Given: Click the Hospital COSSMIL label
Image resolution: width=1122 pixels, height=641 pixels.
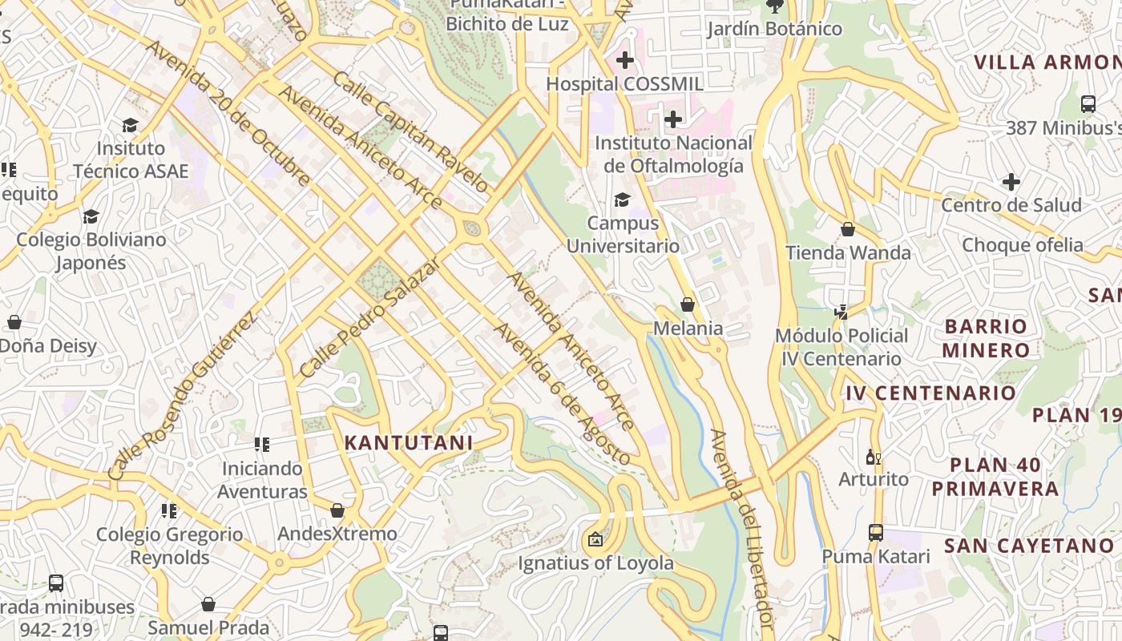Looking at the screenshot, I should (624, 84).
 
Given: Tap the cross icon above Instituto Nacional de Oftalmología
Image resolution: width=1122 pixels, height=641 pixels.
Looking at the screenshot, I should (673, 119).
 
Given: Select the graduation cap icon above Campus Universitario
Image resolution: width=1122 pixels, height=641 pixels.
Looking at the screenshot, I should (622, 200).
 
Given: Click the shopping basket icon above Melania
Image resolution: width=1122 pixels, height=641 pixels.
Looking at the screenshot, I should (687, 304).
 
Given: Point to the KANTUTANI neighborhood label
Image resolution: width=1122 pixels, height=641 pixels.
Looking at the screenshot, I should (408, 442).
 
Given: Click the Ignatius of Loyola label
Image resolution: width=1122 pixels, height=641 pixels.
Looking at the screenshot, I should (595, 563).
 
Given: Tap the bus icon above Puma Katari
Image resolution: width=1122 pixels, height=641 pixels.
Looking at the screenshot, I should (876, 533).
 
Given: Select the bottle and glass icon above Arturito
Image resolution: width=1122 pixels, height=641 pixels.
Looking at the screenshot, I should (873, 458).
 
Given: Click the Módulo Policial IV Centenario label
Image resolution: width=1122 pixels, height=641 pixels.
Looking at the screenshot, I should (841, 347).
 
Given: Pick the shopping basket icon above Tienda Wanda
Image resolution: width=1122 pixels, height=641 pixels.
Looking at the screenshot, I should (848, 230).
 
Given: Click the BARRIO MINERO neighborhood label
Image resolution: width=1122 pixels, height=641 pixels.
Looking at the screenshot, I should (986, 338).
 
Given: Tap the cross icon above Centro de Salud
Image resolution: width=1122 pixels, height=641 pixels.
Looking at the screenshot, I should (1011, 182).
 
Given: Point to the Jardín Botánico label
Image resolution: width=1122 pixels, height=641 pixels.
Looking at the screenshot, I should (774, 29).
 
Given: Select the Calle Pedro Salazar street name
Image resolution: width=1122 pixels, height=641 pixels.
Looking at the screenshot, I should (370, 317).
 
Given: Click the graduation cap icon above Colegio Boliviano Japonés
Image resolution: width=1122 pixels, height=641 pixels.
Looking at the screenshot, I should (91, 217).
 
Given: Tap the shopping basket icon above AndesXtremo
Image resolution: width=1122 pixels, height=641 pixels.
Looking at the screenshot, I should (337, 510).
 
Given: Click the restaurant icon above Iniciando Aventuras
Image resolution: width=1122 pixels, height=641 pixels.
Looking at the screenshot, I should (262, 444).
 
